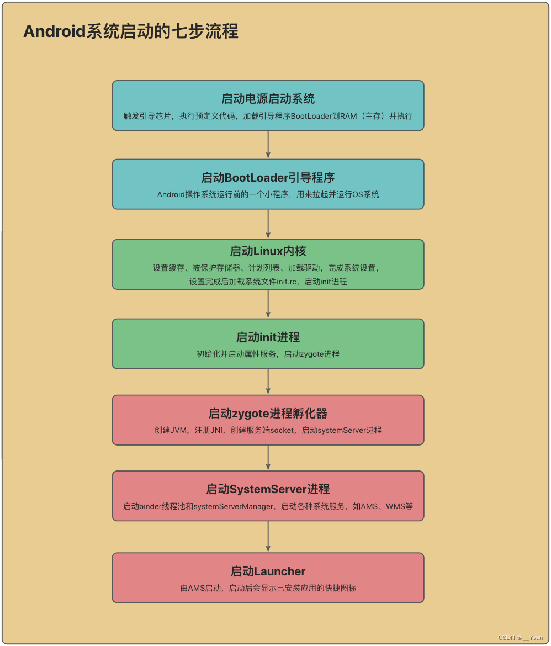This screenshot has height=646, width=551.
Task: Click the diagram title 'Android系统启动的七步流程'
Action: pos(131,31)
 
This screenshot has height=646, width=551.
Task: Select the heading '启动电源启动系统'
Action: pos(268,99)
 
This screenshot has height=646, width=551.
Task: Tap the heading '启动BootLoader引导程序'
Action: pos(268,178)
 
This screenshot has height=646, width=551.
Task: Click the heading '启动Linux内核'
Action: pos(268,251)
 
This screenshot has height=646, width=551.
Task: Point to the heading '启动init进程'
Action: pos(268,337)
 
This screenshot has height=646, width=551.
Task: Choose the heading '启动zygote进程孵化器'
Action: pos(268,414)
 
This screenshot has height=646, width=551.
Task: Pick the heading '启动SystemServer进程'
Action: pos(268,489)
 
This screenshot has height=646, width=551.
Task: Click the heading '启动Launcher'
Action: pos(268,571)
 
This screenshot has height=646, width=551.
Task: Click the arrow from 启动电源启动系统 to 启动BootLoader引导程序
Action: pos(268,145)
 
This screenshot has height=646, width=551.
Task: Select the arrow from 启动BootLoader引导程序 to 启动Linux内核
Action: pos(268,224)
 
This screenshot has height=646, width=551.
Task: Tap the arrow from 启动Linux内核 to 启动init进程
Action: pos(268,304)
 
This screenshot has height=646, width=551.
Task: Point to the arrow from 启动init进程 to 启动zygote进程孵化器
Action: pos(268,382)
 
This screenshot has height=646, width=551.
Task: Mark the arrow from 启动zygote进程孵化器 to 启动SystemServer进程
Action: pos(268,458)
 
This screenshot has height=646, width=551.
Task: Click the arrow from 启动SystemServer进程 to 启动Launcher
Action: pos(268,536)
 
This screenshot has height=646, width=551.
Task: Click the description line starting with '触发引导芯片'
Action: pos(268,117)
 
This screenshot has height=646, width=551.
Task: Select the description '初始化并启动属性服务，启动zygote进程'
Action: pos(268,354)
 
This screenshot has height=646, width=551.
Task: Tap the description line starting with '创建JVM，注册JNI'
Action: pos(268,430)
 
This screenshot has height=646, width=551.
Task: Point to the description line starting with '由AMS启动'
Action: pos(268,588)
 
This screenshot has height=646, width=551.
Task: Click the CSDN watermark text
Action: pos(520,638)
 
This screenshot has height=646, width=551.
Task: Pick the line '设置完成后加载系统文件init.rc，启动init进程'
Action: pos(268,282)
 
